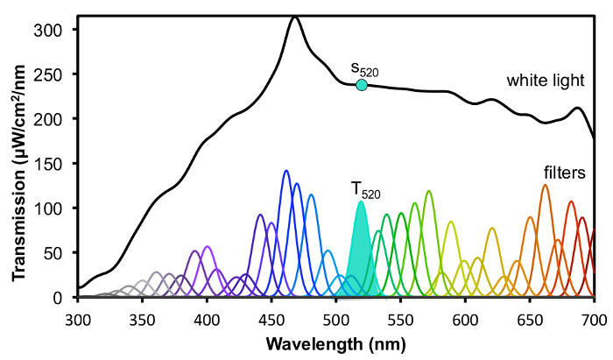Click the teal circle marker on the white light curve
point(361,85)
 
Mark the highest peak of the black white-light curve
point(294,18)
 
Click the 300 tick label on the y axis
point(56,30)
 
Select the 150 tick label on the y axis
point(56,164)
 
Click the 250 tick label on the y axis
point(56,74)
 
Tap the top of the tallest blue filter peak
point(285,171)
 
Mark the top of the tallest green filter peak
point(428,191)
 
